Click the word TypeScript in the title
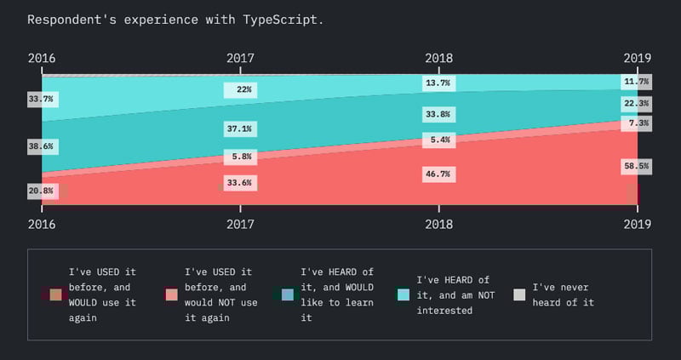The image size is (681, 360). pos(281,19)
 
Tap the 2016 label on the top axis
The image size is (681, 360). pos(42,58)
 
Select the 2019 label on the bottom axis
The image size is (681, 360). pos(637,224)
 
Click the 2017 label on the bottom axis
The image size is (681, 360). pos(240,224)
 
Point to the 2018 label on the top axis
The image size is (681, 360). pos(438,58)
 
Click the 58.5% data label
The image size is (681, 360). pos(636,167)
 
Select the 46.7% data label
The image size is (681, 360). pos(438,174)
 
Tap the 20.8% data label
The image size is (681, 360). pos(41,191)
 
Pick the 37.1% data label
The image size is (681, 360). pos(240,129)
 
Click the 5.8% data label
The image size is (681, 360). pos(240,157)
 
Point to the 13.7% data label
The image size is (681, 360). pos(438,83)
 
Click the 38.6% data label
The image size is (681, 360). pos(41,146)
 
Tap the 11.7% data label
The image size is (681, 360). pos(636,82)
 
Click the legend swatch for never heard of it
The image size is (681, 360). pos(519,294)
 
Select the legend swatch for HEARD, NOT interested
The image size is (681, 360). pos(403,294)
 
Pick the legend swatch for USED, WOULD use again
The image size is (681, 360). pos(55,294)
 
